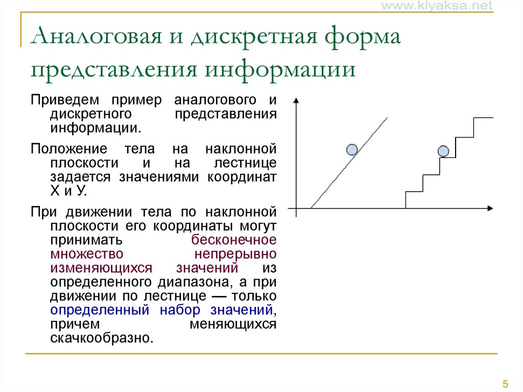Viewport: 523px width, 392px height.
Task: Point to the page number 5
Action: (x=505, y=384)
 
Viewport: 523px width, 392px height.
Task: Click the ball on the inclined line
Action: (x=351, y=149)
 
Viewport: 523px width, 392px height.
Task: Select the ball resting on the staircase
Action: (x=443, y=151)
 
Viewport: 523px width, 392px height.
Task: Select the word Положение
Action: (x=69, y=149)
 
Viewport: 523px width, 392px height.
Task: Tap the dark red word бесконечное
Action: (x=234, y=240)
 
